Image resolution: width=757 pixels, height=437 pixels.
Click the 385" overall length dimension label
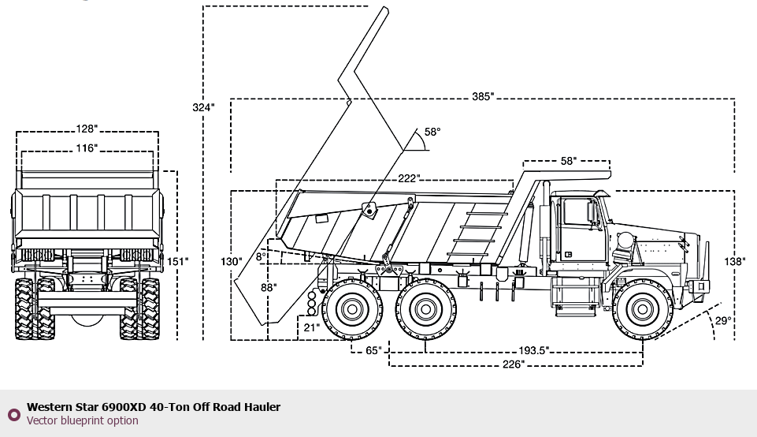point(483,97)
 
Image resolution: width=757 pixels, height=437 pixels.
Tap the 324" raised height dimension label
point(203,107)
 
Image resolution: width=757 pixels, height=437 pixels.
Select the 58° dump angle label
point(432,132)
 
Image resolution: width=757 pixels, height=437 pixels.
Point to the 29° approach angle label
point(723,320)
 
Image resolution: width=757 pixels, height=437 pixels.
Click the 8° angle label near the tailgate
point(262,256)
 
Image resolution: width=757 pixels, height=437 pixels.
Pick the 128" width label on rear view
point(87,129)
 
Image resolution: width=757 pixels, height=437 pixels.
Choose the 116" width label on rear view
point(87,148)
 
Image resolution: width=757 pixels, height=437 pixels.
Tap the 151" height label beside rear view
point(177,262)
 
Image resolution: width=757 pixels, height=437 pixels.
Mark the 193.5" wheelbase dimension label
point(533,350)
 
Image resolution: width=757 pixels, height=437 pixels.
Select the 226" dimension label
point(513,364)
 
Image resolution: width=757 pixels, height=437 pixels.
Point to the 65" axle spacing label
point(373,350)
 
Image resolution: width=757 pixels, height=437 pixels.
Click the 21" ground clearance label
point(311,328)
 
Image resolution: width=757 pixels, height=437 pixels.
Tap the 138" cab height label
point(735,262)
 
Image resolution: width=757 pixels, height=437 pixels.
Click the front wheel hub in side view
point(643,309)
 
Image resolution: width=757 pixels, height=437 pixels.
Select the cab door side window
point(577,211)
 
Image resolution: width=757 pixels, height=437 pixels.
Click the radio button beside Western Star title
point(14,414)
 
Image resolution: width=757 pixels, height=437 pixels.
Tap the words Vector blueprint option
point(82,420)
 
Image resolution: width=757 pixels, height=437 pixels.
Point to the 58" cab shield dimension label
point(568,161)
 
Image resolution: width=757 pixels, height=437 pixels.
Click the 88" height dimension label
point(269,288)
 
